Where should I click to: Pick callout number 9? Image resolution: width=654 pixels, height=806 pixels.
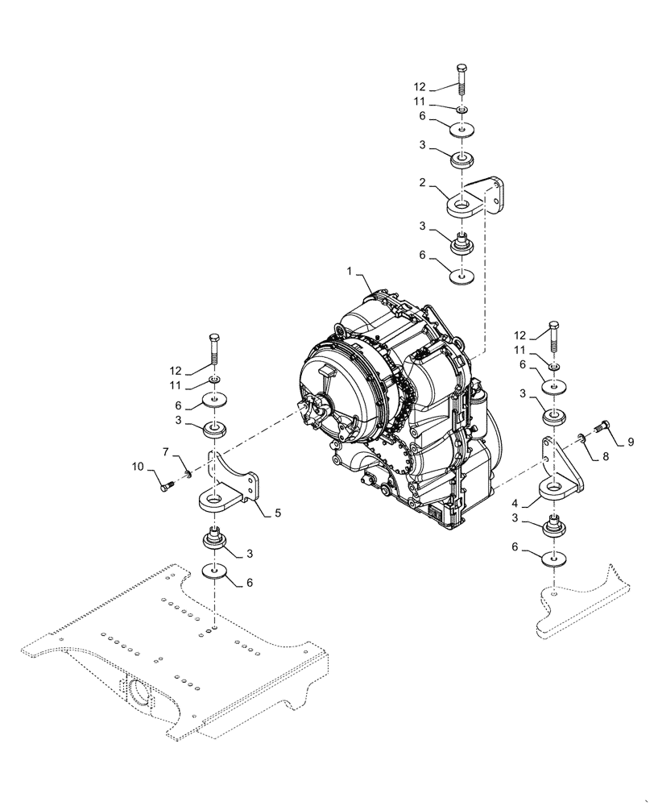[x=631, y=442]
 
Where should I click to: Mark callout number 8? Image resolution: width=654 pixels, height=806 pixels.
[x=603, y=457]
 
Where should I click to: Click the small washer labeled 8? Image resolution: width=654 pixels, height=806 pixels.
[x=581, y=438]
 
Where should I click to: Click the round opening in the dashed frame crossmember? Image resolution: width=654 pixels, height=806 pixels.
[x=136, y=692]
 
